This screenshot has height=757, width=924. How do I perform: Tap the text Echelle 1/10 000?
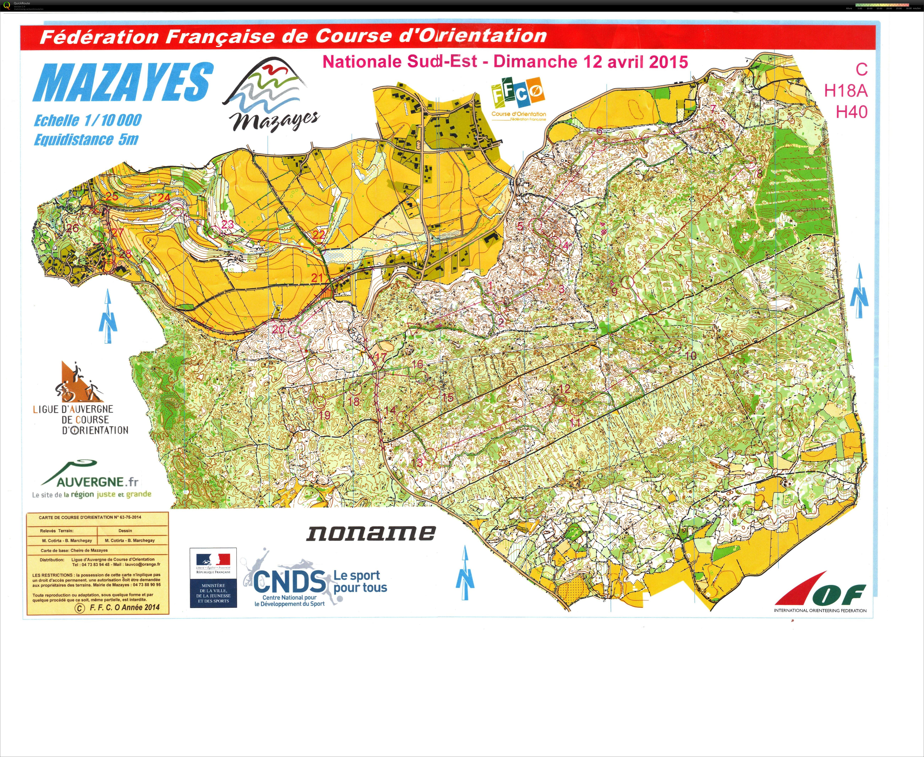pos(88,120)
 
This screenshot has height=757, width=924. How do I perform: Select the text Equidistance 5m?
pos(86,140)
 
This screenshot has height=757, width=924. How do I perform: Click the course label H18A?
pos(845,91)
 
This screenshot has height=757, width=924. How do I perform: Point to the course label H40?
pos(851,112)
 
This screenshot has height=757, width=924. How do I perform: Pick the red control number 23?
pos(227,225)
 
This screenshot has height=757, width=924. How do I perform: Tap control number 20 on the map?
pos(279,329)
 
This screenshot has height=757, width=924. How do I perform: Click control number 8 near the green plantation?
pos(760,173)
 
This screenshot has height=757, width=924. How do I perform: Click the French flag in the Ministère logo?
pos(213,559)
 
